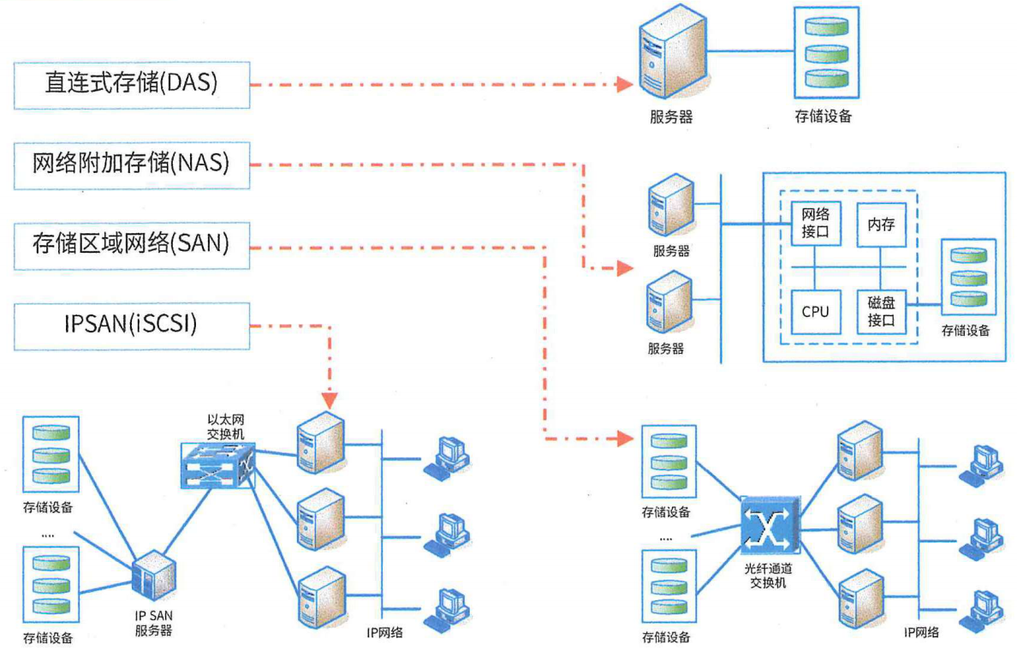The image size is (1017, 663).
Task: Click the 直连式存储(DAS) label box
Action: pos(132,84)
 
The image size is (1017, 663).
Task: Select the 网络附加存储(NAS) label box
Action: pos(132,164)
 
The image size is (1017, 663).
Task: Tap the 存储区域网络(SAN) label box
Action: pos(132,244)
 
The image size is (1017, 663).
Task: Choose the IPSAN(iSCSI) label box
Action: pos(132,325)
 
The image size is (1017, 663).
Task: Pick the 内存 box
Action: pos(881,224)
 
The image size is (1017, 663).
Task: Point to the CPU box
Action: pos(815,311)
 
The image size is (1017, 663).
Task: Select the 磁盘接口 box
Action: pos(881,311)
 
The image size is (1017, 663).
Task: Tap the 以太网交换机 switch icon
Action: pos(219,465)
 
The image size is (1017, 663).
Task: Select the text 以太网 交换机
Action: pos(226,427)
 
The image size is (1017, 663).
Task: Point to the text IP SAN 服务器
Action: pos(154,624)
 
